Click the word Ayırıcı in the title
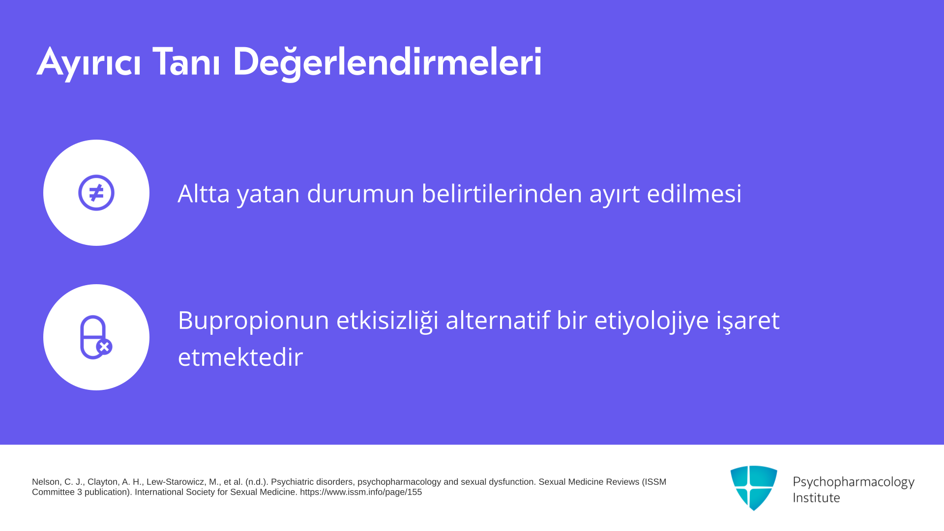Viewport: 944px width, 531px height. [89, 62]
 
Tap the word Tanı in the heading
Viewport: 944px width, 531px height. [186, 61]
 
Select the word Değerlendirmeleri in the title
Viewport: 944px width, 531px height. [387, 62]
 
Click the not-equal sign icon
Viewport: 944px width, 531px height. [96, 193]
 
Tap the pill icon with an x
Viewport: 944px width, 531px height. [96, 337]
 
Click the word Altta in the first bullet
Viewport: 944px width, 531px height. [204, 193]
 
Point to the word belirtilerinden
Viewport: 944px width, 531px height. [501, 193]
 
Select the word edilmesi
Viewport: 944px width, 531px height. [694, 193]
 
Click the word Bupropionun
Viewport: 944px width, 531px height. [253, 321]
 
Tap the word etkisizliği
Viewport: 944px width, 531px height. [387, 321]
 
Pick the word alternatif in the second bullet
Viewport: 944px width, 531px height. [498, 320]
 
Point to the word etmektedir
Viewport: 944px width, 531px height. [240, 357]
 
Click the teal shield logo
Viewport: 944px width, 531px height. [754, 488]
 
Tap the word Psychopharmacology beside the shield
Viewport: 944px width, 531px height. [854, 482]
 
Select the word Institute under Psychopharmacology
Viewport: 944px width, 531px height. [816, 498]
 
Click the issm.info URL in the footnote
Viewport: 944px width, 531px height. [361, 492]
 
